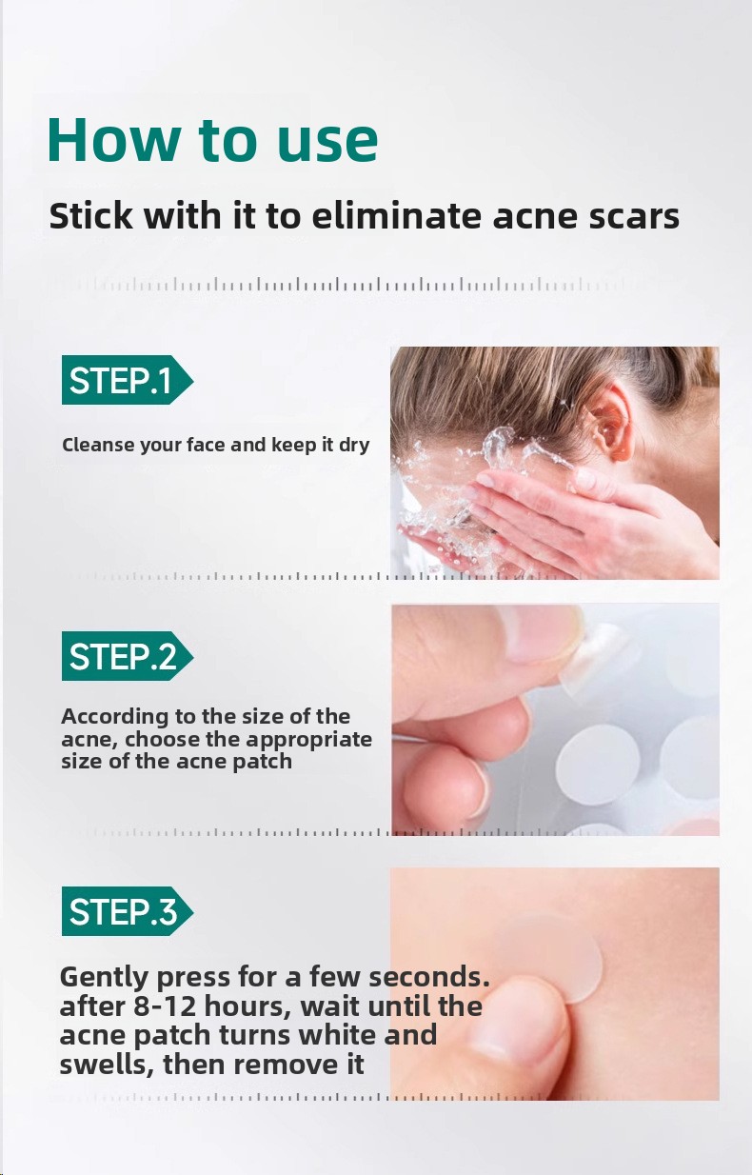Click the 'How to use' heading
[x=212, y=140]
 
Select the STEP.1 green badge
[x=128, y=380]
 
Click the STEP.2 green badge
[x=128, y=656]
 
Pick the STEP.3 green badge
[x=128, y=911]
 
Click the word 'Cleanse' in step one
[x=97, y=445]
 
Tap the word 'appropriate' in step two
[x=308, y=740]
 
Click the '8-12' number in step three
[x=167, y=1006]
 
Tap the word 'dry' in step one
[x=354, y=446]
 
